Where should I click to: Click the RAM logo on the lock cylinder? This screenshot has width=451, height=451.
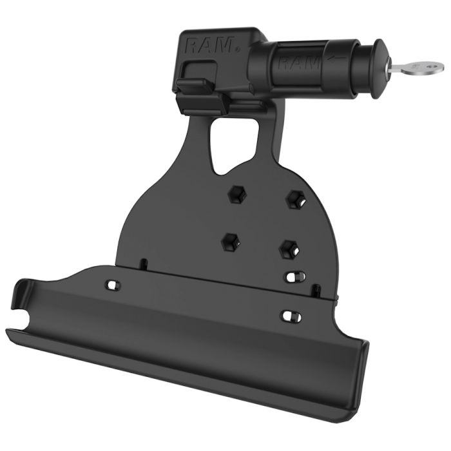click(299, 62)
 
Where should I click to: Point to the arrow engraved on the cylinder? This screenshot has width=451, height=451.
click(338, 59)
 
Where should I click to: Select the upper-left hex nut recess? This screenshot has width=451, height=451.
click(237, 195)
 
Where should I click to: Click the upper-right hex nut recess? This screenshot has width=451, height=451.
click(296, 199)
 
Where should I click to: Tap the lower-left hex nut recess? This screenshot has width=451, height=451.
click(231, 242)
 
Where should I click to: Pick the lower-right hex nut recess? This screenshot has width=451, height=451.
click(289, 249)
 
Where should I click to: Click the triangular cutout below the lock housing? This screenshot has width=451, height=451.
click(233, 145)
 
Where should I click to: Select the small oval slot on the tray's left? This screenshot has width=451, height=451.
click(113, 285)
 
